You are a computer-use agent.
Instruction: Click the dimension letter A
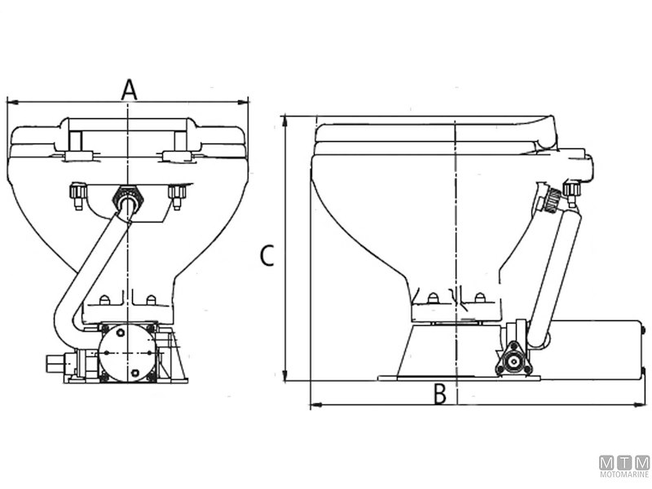pos(129,88)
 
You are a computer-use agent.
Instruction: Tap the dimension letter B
pos(440,394)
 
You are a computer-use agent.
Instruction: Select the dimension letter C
pos(266,256)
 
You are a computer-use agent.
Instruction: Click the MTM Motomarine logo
pos(623,467)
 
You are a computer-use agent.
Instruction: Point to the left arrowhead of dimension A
pos(11,102)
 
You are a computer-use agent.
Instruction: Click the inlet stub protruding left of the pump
pos(53,361)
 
